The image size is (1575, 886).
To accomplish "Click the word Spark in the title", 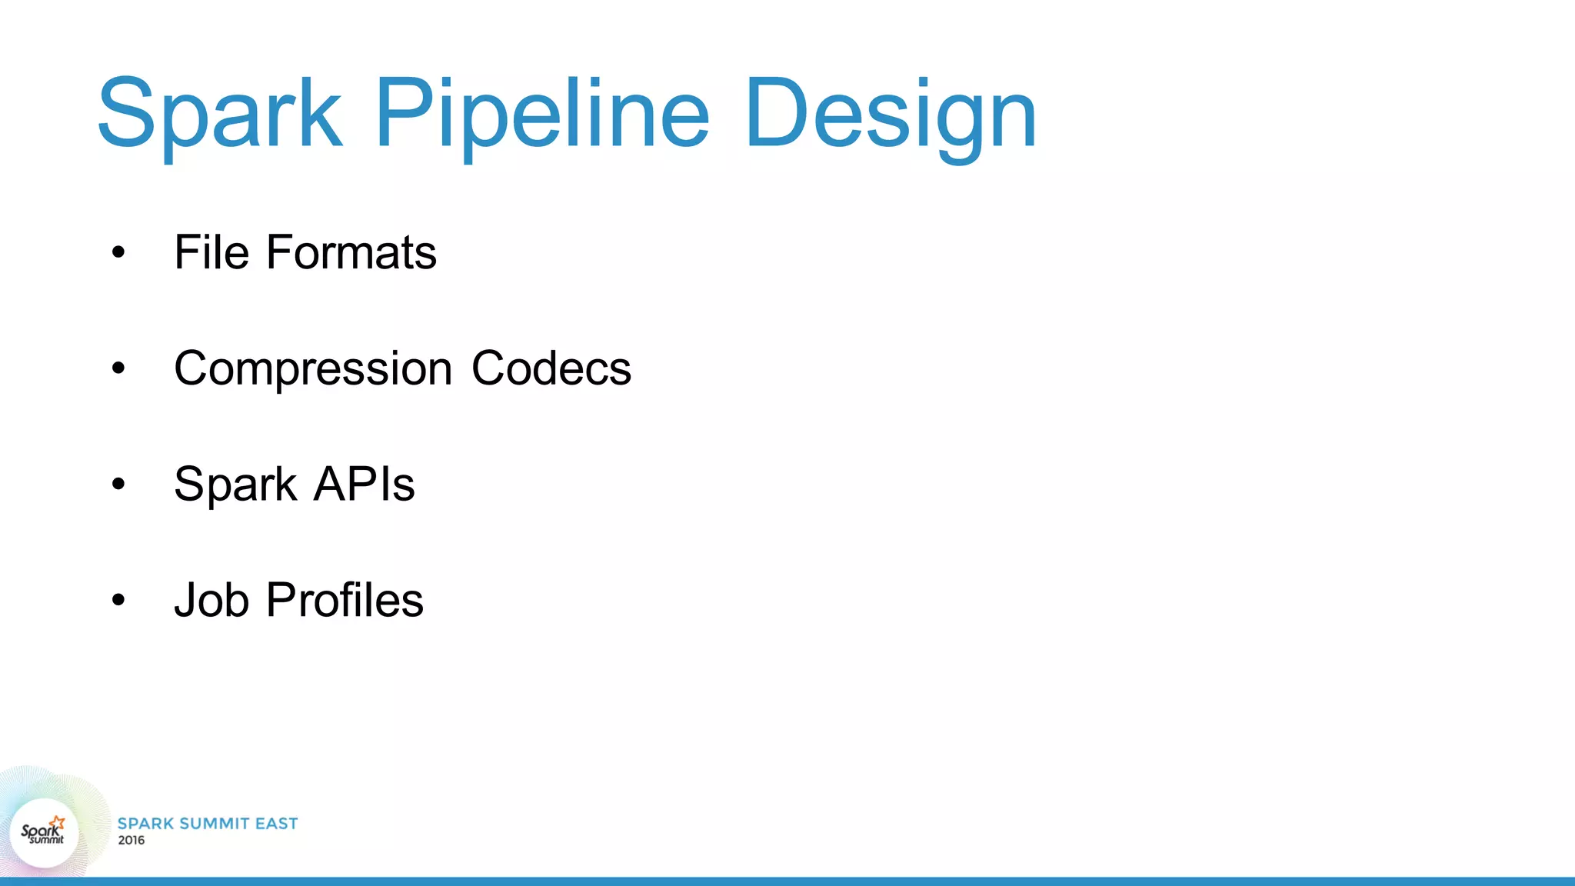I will [219, 113].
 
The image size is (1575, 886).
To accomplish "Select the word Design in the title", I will [890, 113].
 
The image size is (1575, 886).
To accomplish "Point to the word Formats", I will [351, 252].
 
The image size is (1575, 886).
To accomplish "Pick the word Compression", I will [313, 368].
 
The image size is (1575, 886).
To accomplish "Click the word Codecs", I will [551, 368].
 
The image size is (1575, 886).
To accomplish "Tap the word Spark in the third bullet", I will [235, 485].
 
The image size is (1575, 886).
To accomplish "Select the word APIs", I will [365, 485].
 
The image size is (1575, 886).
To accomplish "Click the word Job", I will [211, 600].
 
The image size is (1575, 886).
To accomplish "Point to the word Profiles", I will [345, 600].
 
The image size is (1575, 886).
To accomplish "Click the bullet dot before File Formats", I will [118, 252].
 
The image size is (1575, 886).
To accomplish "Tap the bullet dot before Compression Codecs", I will [118, 368].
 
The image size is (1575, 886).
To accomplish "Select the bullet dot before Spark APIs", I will [118, 485].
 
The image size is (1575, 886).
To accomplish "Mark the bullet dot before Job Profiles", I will [118, 600].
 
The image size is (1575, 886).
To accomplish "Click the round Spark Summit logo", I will [44, 833].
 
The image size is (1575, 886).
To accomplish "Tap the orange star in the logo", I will [58, 823].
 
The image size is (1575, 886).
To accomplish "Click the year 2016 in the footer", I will [132, 841].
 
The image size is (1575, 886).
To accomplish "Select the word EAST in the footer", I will [276, 824].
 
